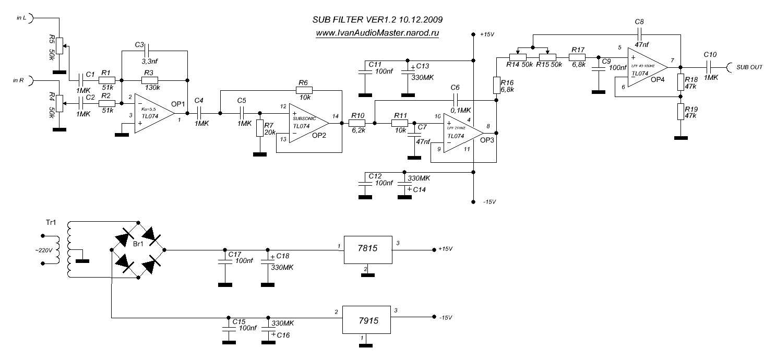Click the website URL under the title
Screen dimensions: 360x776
377,33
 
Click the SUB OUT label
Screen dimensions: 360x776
749,67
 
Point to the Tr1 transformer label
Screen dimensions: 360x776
51,222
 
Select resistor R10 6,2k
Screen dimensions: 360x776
359,123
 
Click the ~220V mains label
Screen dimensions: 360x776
44,250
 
